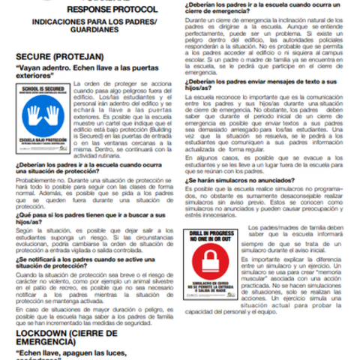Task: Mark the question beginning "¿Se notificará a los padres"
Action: [86, 262]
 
